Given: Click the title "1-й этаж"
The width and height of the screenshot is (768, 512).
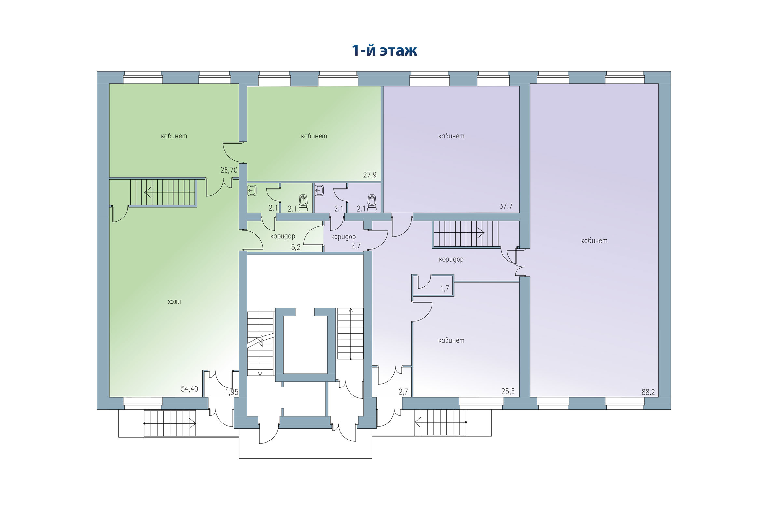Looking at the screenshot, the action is [x=384, y=51].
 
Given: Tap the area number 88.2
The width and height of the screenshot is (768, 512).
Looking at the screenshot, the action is [x=648, y=392].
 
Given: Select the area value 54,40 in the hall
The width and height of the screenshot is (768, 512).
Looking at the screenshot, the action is [x=189, y=389].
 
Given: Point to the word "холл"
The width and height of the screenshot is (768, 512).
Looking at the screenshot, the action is [x=174, y=302].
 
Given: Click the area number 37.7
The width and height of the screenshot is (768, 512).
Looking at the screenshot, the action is [x=506, y=206].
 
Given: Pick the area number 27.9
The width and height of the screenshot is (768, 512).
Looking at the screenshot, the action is [x=370, y=175].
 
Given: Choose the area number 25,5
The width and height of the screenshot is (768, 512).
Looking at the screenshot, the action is [x=508, y=391].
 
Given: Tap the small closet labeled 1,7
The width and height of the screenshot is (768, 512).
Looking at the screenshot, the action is [x=444, y=289].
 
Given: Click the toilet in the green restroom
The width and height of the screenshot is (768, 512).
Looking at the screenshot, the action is [x=303, y=203].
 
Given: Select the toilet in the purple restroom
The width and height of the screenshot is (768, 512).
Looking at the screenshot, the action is [x=372, y=203].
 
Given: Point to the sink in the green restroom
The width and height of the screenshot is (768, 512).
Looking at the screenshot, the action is [x=252, y=190].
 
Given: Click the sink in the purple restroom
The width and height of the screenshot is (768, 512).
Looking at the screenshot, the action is [x=319, y=190].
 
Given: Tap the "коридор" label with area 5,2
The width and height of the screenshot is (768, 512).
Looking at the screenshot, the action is [x=283, y=236].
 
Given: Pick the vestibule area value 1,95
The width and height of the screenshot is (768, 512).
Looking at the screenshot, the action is [x=232, y=392].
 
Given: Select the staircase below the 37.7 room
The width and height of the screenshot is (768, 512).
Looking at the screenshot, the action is [x=465, y=234].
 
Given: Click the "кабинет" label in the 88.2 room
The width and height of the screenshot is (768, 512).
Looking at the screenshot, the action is [x=594, y=241].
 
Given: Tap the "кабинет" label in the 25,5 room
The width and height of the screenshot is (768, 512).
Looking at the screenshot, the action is [x=451, y=340].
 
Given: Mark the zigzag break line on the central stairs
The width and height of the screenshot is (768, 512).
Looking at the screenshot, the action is [x=260, y=341].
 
